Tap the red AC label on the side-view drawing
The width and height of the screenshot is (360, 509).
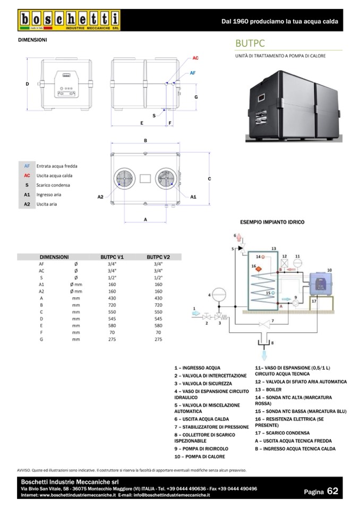tap(195, 58)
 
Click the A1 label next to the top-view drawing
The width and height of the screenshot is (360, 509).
tap(193, 196)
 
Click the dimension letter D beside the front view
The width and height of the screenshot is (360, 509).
tap(27, 84)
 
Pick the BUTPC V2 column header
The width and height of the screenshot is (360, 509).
tap(158, 256)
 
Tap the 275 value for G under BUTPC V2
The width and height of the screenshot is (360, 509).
tap(158, 339)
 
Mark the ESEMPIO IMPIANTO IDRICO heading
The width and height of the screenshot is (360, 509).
tap(272, 222)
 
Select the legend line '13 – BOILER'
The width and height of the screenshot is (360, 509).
tap(268, 390)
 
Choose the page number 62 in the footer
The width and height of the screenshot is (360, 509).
tap(333, 491)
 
